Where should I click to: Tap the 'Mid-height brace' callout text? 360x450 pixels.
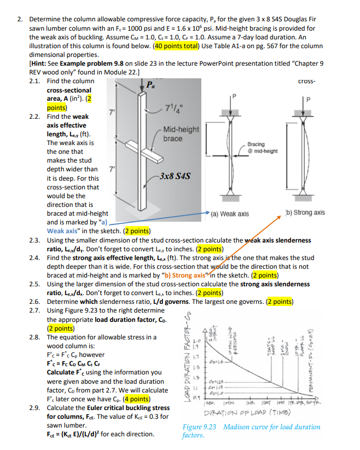point(181,134)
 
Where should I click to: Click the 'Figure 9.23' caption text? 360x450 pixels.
point(200,426)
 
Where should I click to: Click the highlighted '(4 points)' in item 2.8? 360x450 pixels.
point(130,399)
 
